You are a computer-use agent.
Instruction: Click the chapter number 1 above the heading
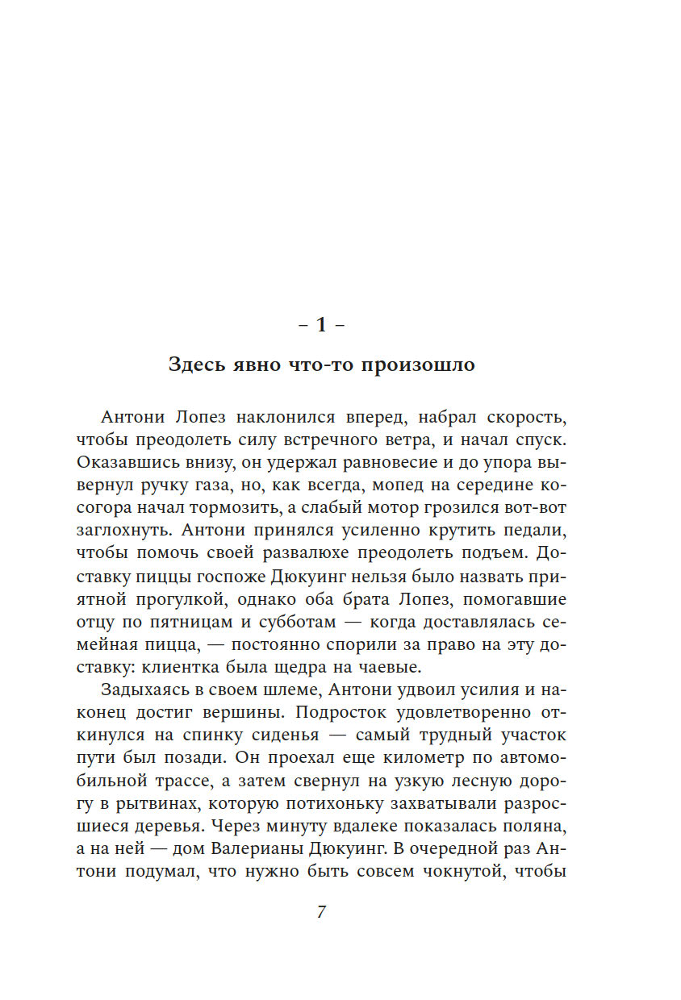click(x=321, y=325)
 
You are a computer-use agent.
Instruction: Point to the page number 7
click(x=321, y=912)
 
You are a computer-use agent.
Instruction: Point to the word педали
click(x=537, y=531)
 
